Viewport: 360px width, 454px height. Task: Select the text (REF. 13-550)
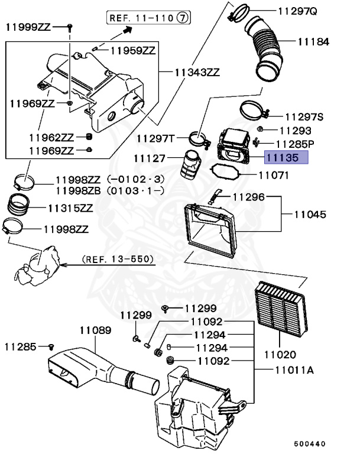pyautogui.click(x=118, y=259)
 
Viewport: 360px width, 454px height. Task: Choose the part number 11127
pyautogui.click(x=150, y=158)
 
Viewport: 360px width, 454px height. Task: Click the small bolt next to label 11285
pyautogui.click(x=51, y=346)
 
